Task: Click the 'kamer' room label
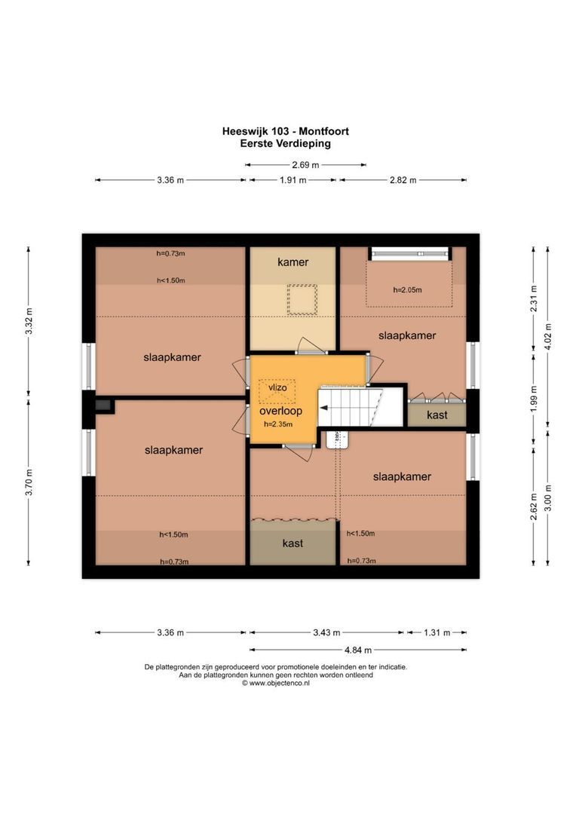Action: (x=293, y=262)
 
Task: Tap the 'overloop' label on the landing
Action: (x=281, y=411)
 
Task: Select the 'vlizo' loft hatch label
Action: (x=277, y=388)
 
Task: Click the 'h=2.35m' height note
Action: (x=278, y=424)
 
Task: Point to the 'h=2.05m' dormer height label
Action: (x=407, y=289)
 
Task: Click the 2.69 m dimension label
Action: (x=305, y=165)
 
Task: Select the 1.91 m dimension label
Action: (x=293, y=180)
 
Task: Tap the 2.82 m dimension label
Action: (x=403, y=180)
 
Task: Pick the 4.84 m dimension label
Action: (x=358, y=650)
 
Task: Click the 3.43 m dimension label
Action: (x=326, y=633)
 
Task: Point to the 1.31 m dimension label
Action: (x=437, y=633)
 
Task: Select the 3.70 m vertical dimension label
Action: (x=29, y=482)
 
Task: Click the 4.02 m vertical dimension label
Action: (x=548, y=336)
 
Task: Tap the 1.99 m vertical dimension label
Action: (x=534, y=399)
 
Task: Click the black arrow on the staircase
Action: (x=323, y=408)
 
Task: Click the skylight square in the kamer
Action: (x=302, y=299)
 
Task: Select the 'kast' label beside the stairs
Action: (x=437, y=415)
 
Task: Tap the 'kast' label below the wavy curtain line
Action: (x=293, y=543)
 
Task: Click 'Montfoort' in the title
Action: (x=323, y=131)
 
